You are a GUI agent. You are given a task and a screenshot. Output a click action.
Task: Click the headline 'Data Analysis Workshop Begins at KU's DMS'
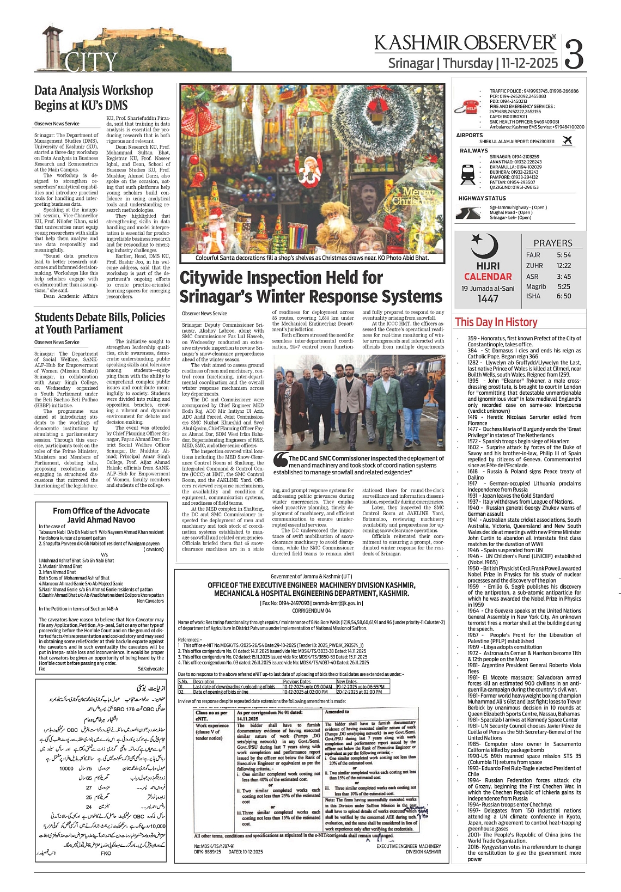[94, 98]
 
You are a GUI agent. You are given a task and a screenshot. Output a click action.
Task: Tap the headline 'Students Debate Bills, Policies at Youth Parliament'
[100, 323]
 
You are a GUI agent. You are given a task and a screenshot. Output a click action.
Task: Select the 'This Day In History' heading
[496, 322]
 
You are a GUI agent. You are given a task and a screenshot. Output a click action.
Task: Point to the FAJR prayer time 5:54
[564, 255]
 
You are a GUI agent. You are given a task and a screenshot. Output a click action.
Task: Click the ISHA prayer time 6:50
[564, 296]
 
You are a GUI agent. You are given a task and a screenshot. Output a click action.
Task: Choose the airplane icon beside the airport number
[567, 141]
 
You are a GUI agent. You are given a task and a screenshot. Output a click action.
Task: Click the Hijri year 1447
[488, 299]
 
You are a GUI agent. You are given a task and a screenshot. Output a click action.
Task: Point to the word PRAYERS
[552, 243]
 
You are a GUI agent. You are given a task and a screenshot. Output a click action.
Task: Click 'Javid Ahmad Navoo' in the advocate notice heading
[101, 520]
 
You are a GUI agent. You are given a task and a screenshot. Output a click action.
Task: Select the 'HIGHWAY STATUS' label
[482, 198]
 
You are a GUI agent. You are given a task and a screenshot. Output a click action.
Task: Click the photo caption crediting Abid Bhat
[312, 258]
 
